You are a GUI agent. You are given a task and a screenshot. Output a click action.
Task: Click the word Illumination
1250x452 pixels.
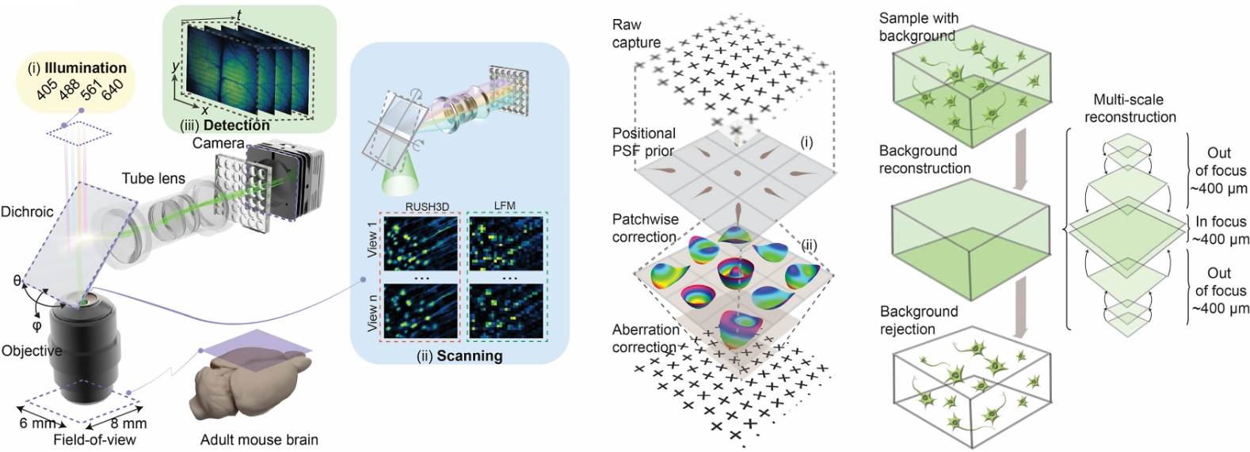pos(86,68)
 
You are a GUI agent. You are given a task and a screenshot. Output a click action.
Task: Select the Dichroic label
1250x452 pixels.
pos(27,211)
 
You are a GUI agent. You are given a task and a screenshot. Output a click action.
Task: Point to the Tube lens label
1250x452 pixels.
pos(154,178)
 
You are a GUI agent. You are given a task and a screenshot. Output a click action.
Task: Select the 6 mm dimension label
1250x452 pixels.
pos(36,423)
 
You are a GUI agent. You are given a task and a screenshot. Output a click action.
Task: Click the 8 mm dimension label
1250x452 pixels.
pos(128,424)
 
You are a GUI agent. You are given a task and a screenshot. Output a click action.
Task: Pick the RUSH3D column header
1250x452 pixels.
pos(427,207)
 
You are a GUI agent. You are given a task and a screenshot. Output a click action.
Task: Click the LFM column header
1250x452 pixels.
pos(505,206)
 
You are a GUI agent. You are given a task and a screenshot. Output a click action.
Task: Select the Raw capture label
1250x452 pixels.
pos(635,33)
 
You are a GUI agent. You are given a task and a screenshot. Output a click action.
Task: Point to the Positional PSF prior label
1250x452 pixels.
pos(643,142)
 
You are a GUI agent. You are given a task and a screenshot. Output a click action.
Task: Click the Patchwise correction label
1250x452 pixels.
pos(644,227)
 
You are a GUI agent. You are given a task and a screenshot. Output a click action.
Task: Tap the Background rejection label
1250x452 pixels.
pos(918,320)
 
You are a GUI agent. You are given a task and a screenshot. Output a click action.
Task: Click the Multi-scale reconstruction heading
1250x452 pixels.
pos(1130,108)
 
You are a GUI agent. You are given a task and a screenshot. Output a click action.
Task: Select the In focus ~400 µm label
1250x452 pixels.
pos(1220,230)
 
